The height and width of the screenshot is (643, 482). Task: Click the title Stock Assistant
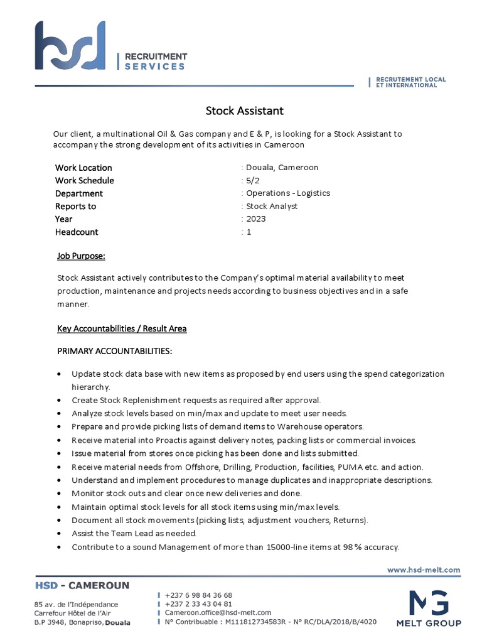(245, 111)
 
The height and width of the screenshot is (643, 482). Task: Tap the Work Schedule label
(84, 181)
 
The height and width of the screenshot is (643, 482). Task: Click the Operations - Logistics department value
(287, 193)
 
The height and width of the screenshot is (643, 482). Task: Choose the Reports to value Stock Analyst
(271, 206)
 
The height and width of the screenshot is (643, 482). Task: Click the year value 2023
(255, 219)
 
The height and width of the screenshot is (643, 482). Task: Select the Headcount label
(77, 232)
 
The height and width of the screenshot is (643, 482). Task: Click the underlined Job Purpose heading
(81, 256)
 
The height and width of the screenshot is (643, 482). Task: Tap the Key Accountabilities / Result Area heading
(122, 328)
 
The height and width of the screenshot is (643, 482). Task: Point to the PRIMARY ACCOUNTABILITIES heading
(114, 350)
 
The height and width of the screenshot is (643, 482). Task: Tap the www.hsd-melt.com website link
(424, 570)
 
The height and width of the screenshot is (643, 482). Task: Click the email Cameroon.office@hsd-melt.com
(218, 612)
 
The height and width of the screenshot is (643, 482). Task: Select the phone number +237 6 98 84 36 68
(198, 595)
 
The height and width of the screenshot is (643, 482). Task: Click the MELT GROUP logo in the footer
(428, 608)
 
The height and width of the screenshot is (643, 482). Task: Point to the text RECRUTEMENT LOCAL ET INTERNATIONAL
(410, 82)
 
